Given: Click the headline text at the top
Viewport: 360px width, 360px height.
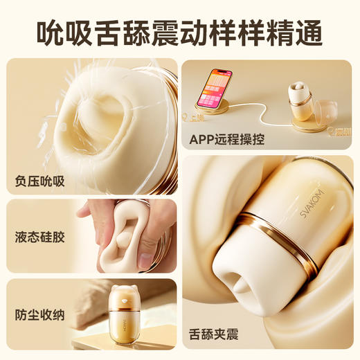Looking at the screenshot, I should pos(180,31).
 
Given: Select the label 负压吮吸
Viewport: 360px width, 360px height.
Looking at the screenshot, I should pos(39,181).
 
